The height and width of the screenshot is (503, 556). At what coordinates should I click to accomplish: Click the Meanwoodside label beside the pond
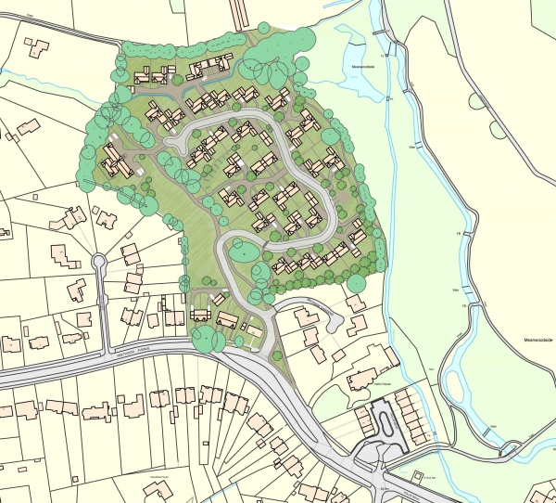(361, 67)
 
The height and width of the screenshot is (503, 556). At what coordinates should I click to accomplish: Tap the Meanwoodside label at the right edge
(537, 340)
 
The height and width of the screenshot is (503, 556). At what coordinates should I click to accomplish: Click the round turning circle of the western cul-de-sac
(98, 263)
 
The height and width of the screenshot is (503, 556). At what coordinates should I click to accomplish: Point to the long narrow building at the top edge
(242, 11)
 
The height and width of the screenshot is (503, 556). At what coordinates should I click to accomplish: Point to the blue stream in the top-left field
(37, 72)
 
